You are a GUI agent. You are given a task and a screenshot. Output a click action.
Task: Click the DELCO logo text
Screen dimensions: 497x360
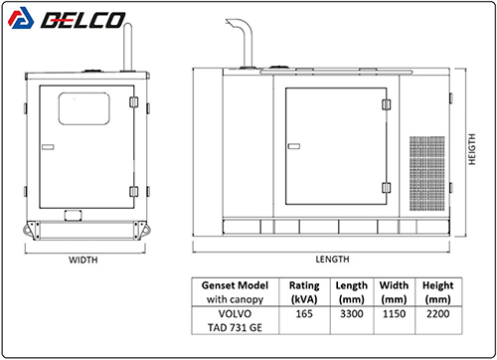(83, 20)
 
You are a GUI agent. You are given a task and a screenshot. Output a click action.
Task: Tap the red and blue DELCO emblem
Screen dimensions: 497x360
(21, 18)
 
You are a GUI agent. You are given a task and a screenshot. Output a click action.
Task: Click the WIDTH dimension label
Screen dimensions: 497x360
(83, 260)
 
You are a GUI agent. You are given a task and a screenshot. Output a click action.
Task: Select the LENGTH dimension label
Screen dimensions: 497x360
(332, 260)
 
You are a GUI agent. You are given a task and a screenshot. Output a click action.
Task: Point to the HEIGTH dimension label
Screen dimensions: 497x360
(472, 149)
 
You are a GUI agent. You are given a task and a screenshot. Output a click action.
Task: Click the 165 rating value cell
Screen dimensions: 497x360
(304, 313)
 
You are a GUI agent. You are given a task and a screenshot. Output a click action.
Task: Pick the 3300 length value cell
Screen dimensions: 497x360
(352, 313)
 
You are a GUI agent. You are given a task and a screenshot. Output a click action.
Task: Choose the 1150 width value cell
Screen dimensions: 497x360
(394, 313)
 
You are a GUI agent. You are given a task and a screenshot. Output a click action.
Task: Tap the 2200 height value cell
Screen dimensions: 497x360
(438, 313)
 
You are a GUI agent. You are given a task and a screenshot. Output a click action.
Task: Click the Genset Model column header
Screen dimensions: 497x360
(235, 292)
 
